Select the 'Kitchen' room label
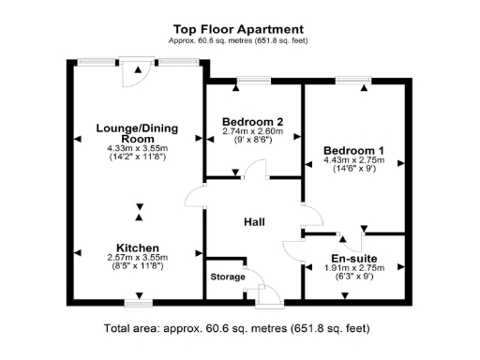click(139, 248)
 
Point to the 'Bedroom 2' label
click(252, 122)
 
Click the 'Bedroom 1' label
click(353, 150)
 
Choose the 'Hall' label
click(254, 222)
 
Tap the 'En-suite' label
click(354, 257)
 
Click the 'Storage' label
click(227, 277)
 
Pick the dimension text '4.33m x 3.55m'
click(139, 148)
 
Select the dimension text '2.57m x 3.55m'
click(139, 258)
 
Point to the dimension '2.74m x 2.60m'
click(252, 131)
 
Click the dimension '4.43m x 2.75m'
click(353, 160)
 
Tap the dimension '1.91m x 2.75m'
click(354, 267)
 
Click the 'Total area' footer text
click(237, 329)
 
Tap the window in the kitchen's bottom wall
click(138, 304)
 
